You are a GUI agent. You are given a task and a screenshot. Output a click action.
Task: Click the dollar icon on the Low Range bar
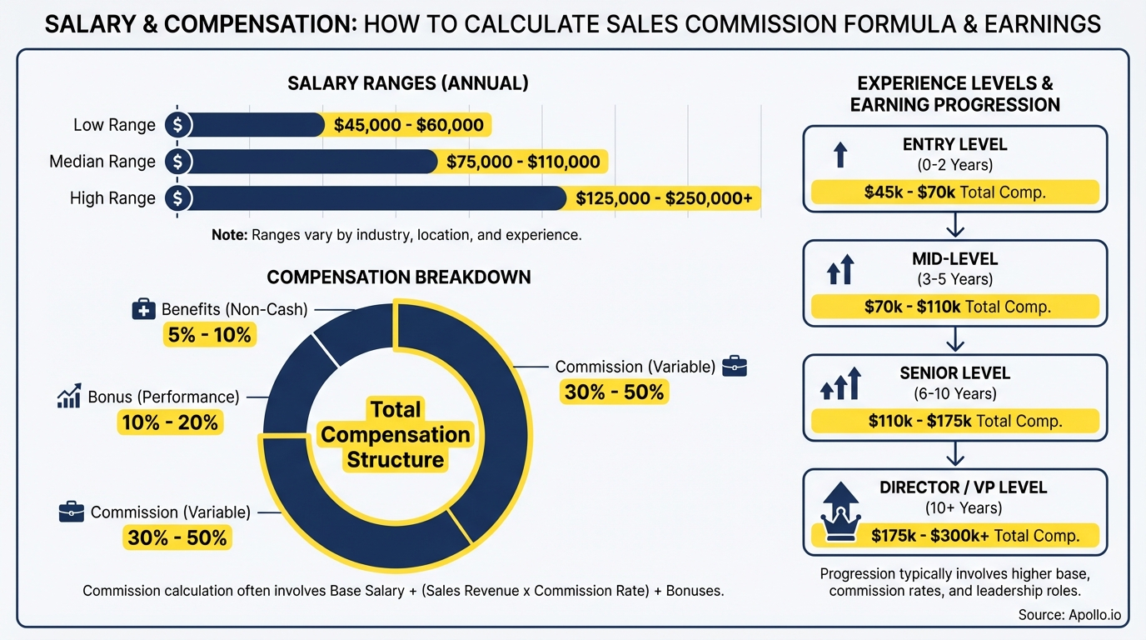(x=177, y=125)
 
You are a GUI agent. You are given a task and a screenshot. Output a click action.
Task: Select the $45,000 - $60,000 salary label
(x=408, y=125)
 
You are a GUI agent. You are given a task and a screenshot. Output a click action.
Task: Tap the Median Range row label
(x=102, y=162)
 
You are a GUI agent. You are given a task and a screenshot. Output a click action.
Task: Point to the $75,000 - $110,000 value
(x=523, y=162)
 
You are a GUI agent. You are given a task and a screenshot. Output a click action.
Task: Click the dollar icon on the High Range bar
(x=177, y=198)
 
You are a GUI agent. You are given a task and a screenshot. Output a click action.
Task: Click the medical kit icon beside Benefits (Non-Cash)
(x=144, y=310)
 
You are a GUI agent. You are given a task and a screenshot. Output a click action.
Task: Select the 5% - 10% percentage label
(x=208, y=335)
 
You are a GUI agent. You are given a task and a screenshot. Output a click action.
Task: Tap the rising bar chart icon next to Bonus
(x=68, y=397)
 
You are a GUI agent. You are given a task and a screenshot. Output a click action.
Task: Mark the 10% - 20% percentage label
(x=170, y=422)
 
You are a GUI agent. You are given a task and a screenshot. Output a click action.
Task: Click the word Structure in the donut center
(x=395, y=460)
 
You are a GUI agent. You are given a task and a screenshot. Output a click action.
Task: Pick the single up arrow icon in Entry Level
(x=840, y=154)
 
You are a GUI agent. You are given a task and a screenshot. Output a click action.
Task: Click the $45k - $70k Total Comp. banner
(x=954, y=192)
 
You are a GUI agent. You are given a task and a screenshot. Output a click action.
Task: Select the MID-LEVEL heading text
(x=954, y=260)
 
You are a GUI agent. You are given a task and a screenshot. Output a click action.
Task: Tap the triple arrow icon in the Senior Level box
(x=840, y=384)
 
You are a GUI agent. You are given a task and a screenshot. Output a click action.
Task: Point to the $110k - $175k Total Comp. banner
(x=954, y=421)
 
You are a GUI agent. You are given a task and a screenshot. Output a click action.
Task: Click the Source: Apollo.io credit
(x=1069, y=615)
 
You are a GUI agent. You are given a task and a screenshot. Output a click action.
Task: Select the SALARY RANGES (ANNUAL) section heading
(x=408, y=83)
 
